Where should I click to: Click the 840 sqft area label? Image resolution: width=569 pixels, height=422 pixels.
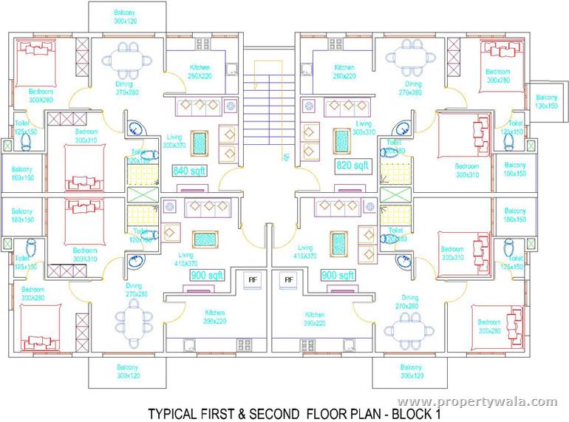point(189,171)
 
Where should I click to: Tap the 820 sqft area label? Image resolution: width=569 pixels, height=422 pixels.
point(351,165)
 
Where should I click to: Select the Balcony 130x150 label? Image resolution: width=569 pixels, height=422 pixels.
point(546,102)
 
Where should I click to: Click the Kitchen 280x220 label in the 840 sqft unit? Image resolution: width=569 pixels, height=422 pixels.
point(199,72)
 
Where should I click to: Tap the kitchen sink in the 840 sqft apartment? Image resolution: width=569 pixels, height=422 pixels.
point(231,71)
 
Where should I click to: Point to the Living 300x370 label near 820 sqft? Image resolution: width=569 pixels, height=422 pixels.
point(364,128)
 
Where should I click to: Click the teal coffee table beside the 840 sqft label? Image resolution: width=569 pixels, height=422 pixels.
point(199,140)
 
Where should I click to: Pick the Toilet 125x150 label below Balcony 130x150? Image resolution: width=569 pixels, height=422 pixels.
point(511,127)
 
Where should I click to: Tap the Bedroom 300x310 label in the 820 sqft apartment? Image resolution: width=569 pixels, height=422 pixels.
point(467,170)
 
